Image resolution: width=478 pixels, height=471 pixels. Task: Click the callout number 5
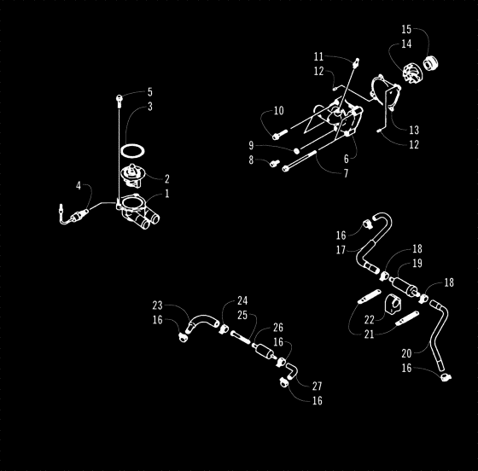pyautogui.click(x=149, y=91)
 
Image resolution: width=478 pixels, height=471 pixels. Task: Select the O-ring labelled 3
pyautogui.click(x=131, y=150)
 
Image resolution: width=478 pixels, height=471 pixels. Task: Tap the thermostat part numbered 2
pyautogui.click(x=131, y=177)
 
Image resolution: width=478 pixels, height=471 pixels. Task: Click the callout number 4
pyautogui.click(x=79, y=185)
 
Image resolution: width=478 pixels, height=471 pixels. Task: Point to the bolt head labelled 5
pyautogui.click(x=119, y=99)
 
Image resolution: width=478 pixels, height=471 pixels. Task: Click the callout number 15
pyautogui.click(x=406, y=29)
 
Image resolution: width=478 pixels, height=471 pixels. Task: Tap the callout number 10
pyautogui.click(x=278, y=111)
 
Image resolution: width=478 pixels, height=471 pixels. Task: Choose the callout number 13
pyautogui.click(x=413, y=130)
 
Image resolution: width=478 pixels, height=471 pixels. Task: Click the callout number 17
pyautogui.click(x=341, y=250)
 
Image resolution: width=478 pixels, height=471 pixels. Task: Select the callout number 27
pyautogui.click(x=318, y=386)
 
